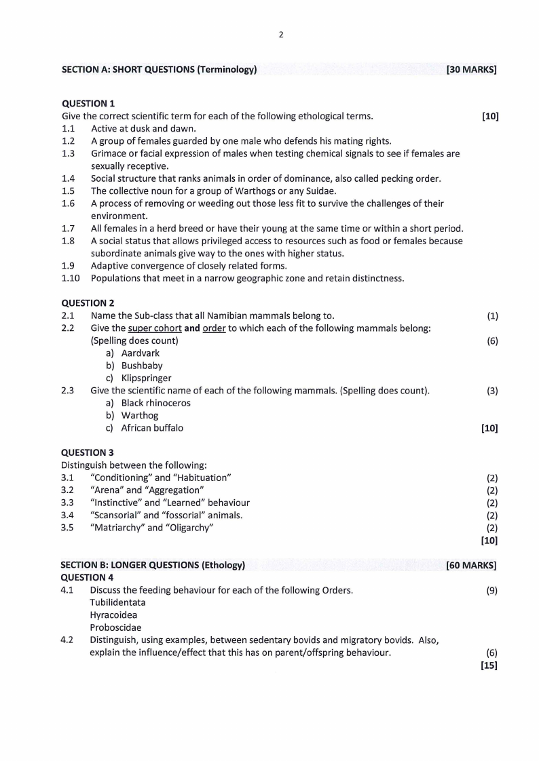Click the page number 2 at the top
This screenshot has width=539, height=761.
point(280,35)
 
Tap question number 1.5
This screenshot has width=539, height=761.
point(68,191)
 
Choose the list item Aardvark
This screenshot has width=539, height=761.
point(141,353)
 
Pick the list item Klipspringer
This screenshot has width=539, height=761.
point(146,378)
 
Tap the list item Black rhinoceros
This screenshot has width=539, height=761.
point(155,403)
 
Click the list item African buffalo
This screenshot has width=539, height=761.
point(152,428)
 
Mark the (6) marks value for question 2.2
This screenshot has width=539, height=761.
point(492,340)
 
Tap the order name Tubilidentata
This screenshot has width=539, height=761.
point(117,602)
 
